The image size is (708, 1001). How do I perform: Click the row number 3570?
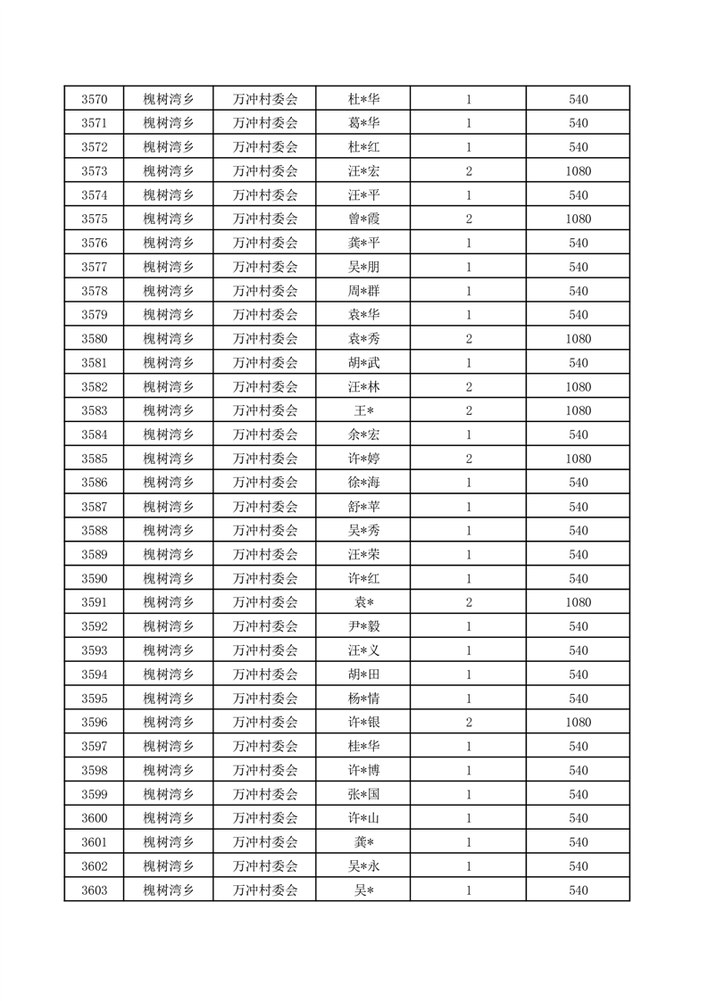coord(94,99)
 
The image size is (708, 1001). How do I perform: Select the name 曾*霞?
coord(363,219)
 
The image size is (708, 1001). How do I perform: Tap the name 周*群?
coord(363,291)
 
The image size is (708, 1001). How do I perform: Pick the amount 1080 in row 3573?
coord(578,171)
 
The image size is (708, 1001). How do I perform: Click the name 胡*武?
coord(363,363)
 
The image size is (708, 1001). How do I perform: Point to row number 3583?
coord(94,411)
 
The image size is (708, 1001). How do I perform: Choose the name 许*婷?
coord(363,459)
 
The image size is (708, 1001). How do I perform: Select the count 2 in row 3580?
coord(468,339)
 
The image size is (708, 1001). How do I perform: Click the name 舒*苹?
coord(363,507)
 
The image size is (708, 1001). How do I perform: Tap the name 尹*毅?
coord(363,626)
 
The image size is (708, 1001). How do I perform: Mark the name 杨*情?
coord(363,699)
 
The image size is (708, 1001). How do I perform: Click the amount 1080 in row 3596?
coord(578,723)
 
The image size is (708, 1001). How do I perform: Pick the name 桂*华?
coord(363,747)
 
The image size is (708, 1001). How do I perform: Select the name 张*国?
coord(363,795)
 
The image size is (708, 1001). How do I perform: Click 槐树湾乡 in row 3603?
coord(168,890)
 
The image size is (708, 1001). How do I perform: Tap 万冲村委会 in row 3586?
coord(264,483)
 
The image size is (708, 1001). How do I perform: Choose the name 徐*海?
coord(363,483)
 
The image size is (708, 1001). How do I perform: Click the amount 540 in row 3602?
coord(578,866)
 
